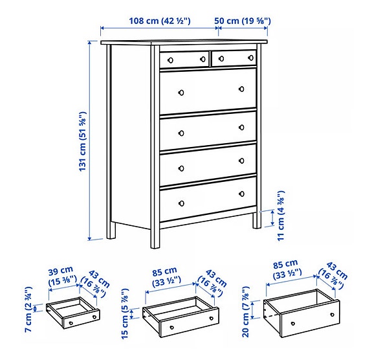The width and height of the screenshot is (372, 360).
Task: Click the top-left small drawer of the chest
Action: point(184,59)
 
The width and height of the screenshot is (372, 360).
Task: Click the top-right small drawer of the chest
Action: point(234,58)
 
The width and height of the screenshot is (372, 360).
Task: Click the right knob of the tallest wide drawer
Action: point(241,89)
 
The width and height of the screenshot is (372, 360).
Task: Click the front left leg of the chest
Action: point(155,236)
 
